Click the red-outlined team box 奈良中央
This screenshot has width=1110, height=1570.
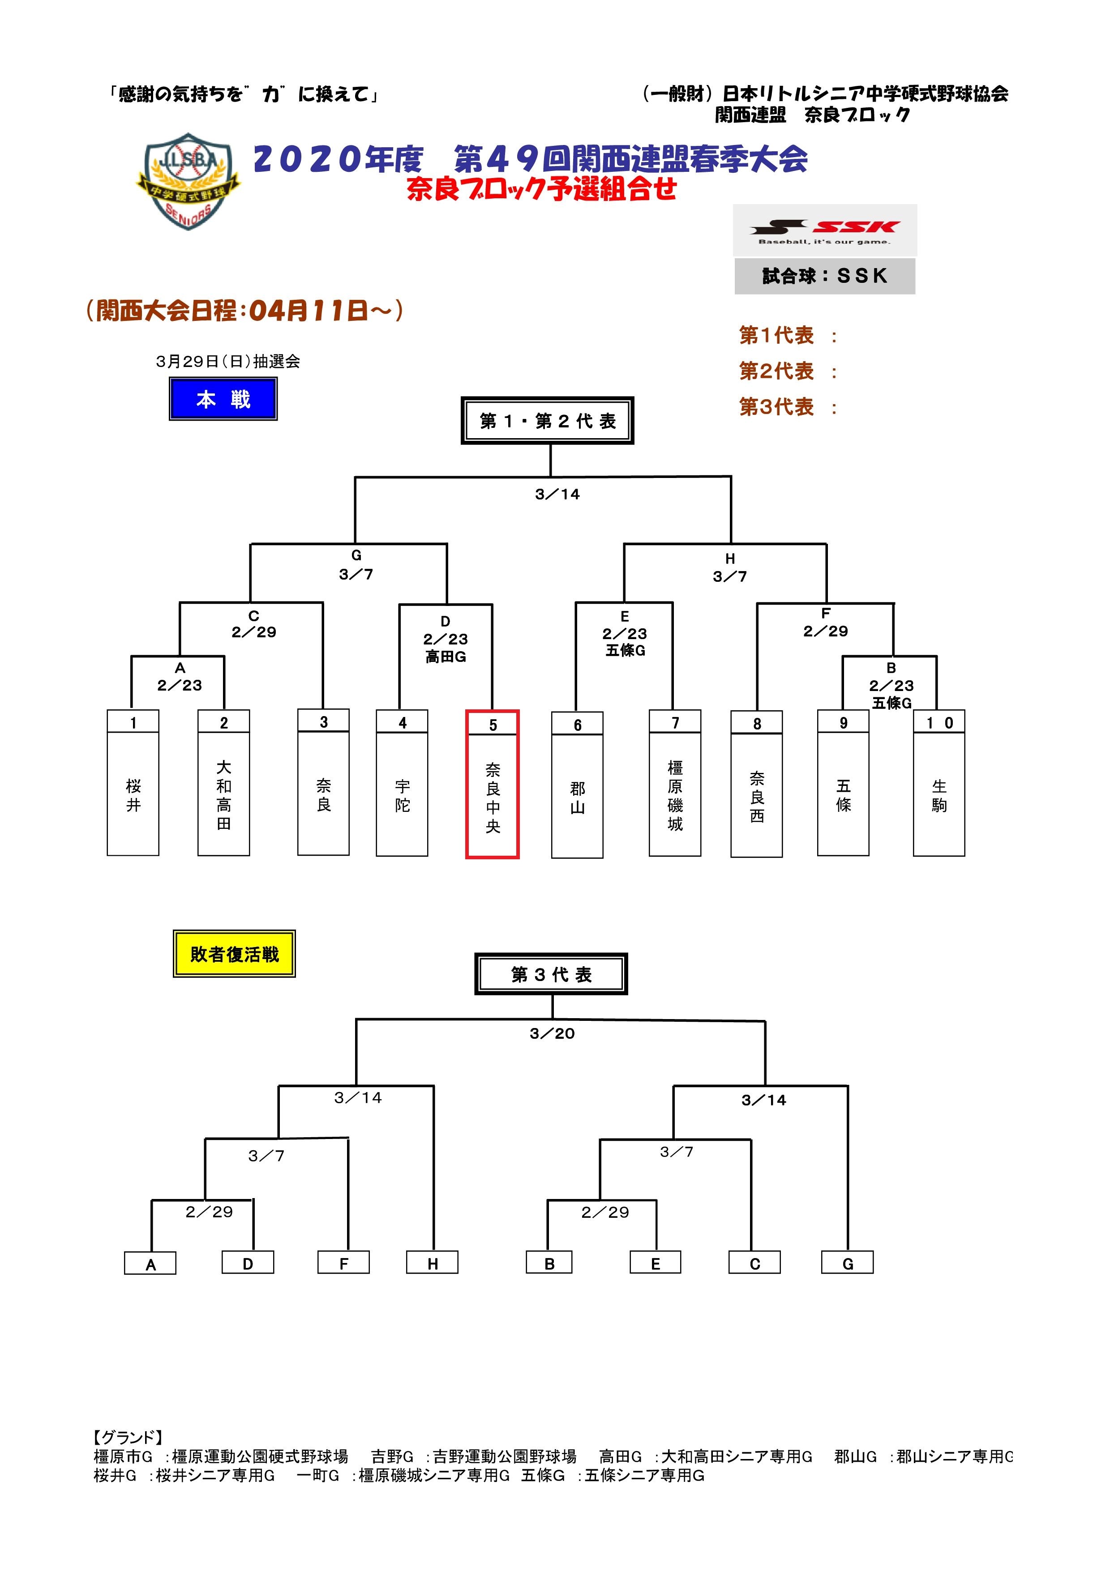pos(493,784)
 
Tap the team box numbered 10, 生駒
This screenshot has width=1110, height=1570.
pos(939,782)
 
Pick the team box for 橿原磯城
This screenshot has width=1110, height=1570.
pos(675,782)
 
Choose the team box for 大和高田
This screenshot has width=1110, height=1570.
pos(223,782)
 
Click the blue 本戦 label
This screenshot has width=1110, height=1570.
pos(223,399)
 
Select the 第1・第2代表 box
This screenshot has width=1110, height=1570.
pos(547,421)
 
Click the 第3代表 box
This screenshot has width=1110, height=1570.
pos(551,974)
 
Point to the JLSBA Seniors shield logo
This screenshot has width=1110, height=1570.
pos(189,181)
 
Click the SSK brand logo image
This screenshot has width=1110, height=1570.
pos(825,230)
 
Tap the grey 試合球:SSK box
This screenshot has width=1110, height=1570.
pos(825,276)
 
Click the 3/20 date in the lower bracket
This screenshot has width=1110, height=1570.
pos(552,1033)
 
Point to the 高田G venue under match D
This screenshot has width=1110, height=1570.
pos(445,657)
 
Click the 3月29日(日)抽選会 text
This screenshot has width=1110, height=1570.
pos(228,362)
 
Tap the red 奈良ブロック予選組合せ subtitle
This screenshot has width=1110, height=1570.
pos(542,189)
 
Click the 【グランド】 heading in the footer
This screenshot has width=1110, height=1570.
pos(129,1438)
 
